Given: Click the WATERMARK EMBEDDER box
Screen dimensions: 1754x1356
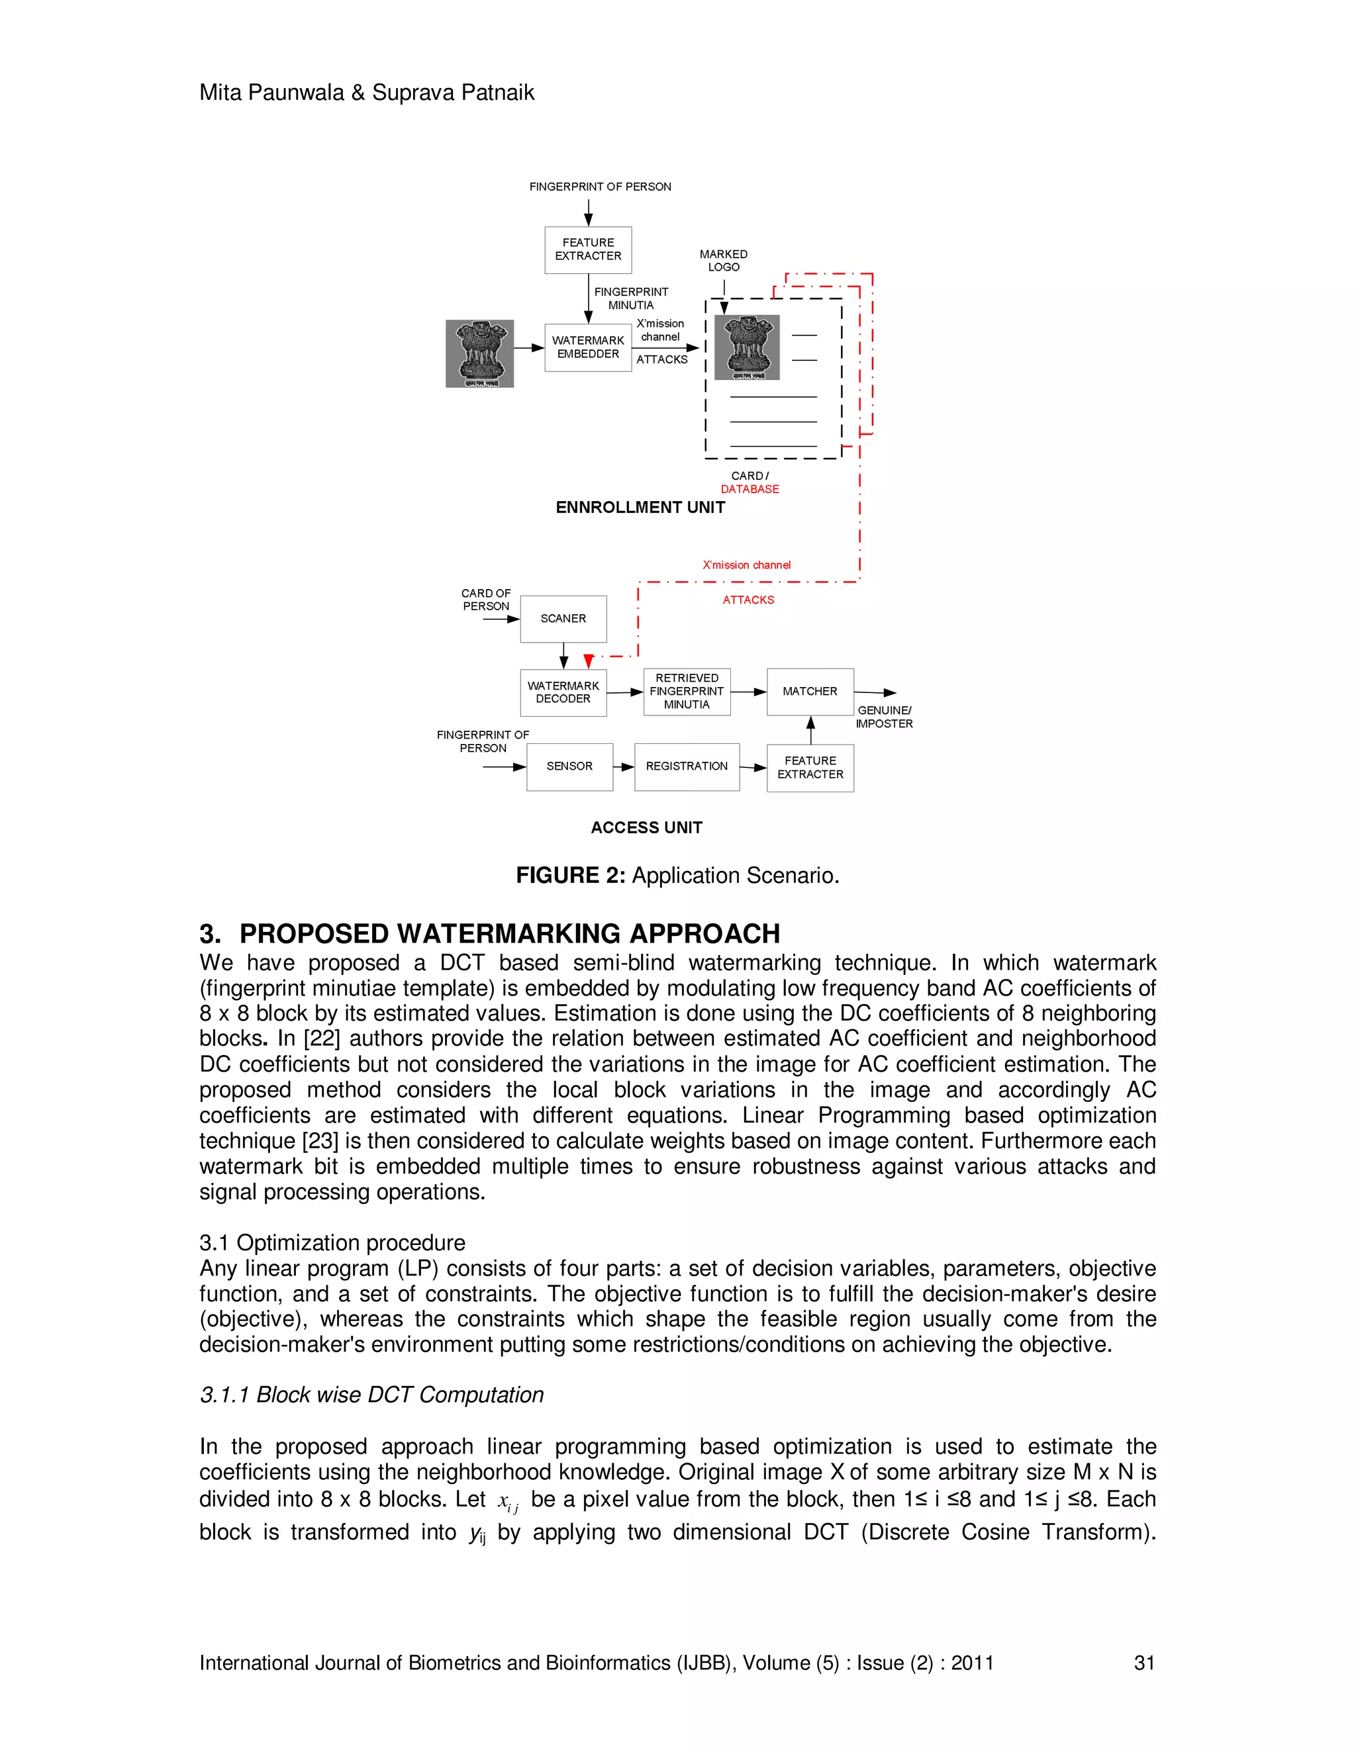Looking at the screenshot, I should pos(587,347).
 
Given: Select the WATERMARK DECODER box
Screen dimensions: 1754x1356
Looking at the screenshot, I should pos(563,692).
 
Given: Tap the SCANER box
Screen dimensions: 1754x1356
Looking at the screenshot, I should pos(563,618).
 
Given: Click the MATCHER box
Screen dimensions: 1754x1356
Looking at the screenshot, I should pos(810,692).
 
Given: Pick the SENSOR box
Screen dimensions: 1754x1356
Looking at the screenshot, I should pos(569,767).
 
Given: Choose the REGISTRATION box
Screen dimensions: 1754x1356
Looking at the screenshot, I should pos(687,767).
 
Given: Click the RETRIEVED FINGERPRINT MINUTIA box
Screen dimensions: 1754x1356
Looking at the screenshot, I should pos(687,692).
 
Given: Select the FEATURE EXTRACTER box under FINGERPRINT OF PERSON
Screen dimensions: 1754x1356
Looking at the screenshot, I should pos(588,250).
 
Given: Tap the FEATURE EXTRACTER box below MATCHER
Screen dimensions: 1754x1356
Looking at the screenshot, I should pos(810,768).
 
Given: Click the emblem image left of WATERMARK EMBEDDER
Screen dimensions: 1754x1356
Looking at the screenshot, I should pos(479,353).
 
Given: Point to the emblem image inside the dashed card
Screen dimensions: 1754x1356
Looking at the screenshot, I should pos(752,347).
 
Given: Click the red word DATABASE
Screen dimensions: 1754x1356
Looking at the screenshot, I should pos(750,489).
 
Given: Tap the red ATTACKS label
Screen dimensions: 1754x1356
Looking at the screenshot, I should pos(748,600).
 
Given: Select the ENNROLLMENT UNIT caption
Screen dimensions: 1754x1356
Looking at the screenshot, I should pos(640,508).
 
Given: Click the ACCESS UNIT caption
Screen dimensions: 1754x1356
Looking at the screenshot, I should pos(647,828).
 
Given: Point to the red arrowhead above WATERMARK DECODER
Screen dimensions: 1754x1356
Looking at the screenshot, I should pos(589,661).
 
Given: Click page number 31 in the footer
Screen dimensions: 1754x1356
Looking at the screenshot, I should pos(1144,1663).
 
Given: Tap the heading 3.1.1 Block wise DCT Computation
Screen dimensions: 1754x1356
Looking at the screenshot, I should pos(372,1395).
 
